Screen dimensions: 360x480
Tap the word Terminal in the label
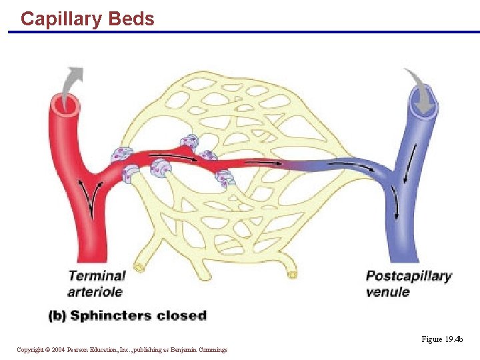click(97, 276)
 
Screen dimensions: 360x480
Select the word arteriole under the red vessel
click(95, 291)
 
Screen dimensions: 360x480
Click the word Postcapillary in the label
click(409, 276)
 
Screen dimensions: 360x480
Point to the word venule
click(387, 291)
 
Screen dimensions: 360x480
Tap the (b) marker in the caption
click(57, 315)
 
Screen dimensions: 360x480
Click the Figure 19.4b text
click(441, 339)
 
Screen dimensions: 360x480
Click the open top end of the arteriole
click(65, 103)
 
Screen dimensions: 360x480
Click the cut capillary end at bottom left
click(139, 267)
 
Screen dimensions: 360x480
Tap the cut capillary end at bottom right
click(291, 274)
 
